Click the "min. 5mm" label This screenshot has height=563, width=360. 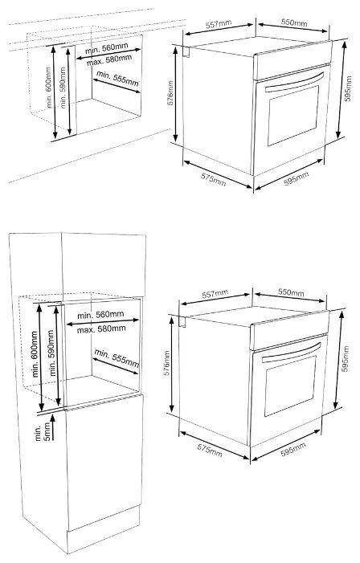pyautogui.click(x=41, y=431)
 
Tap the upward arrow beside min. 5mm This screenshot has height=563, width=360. pyautogui.click(x=53, y=427)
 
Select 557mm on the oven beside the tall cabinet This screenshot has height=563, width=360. pyautogui.click(x=215, y=295)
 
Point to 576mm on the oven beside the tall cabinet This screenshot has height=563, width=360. pyautogui.click(x=167, y=363)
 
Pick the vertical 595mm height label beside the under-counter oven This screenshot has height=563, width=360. pyautogui.click(x=348, y=88)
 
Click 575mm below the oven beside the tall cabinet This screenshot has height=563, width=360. pyautogui.click(x=210, y=451)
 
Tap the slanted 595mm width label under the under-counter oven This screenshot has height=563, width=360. pyautogui.click(x=297, y=178)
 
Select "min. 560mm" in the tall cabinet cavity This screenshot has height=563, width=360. pyautogui.click(x=100, y=315)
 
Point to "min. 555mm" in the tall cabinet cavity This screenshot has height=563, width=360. pyautogui.click(x=117, y=358)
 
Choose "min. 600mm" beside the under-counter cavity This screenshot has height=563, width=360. pyautogui.click(x=48, y=88)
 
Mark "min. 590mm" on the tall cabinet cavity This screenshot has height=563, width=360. pyautogui.click(x=53, y=353)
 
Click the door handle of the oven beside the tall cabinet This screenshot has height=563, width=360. pyautogui.click(x=292, y=353)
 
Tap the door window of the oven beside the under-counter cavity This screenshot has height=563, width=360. pyautogui.click(x=293, y=116)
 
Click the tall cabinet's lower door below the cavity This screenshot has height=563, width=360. pyautogui.click(x=104, y=461)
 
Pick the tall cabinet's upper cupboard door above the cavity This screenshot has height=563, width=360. pyautogui.click(x=104, y=265)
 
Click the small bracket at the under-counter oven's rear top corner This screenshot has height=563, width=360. pyautogui.click(x=186, y=51)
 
